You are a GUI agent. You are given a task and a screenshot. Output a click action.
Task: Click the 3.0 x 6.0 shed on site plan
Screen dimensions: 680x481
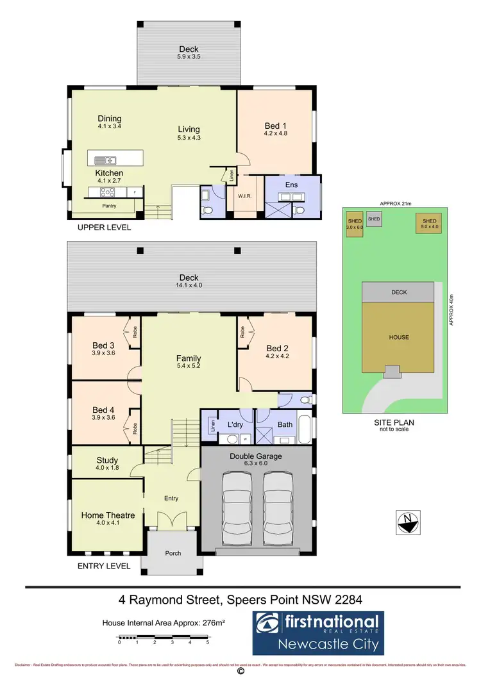[355, 224]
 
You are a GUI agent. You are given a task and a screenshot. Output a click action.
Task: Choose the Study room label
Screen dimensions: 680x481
[107, 460]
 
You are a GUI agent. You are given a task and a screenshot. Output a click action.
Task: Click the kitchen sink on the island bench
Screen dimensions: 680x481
[105, 160]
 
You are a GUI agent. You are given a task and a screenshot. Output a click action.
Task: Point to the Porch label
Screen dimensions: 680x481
[173, 553]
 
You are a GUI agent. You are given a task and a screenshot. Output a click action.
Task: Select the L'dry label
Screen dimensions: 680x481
[228, 424]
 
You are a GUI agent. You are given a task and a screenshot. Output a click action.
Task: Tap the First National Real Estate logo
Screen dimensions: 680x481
[316, 631]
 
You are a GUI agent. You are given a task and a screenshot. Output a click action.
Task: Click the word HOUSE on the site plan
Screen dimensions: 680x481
[398, 337]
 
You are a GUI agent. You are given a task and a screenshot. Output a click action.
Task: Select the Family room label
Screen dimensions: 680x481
[189, 358]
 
